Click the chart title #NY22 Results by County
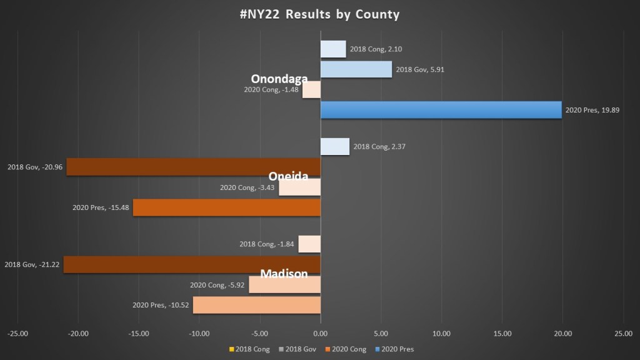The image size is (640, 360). click(x=319, y=14)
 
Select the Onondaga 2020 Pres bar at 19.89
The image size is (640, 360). click(x=441, y=110)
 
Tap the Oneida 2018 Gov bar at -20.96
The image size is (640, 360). click(x=193, y=167)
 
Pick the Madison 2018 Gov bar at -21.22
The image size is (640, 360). click(x=192, y=264)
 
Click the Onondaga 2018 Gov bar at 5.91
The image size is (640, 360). click(x=356, y=69)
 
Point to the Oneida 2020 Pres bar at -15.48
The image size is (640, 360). click(x=226, y=207)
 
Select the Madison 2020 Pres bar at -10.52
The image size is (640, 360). click(x=256, y=305)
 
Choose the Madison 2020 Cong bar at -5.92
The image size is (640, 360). click(x=284, y=285)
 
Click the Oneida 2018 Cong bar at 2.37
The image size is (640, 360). click(x=334, y=146)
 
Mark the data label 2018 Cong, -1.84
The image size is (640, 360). click(x=267, y=244)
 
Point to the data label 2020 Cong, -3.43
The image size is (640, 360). click(x=247, y=187)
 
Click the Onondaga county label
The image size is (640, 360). click(x=279, y=79)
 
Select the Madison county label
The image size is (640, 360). click(x=284, y=274)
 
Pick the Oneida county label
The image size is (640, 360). click(x=288, y=176)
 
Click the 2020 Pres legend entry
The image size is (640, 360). click(x=395, y=349)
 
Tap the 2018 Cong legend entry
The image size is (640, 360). click(x=254, y=349)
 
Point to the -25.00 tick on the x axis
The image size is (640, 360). click(x=17, y=334)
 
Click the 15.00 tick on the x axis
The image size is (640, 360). click(x=502, y=334)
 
